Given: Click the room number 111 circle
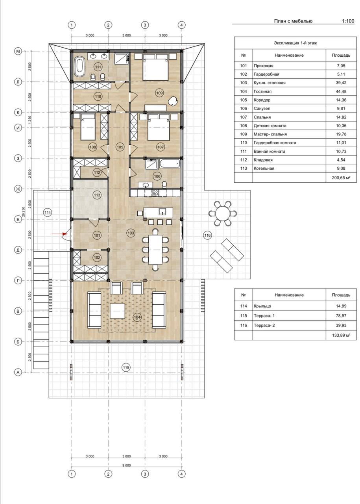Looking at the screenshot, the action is pos(98,67).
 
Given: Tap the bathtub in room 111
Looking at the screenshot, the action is pos(79,67).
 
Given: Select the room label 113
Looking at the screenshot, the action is pos(97,195).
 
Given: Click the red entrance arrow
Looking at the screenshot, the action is pos(59,234).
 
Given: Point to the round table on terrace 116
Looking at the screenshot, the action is pos(223,213).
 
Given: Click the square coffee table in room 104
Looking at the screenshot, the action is pos(117,311).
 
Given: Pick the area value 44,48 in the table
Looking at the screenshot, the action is pos(341,91).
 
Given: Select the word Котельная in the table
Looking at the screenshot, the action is pos(264,168).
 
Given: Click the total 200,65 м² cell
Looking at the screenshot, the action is pos(341,178).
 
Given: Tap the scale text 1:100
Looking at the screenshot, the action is pos(348,21).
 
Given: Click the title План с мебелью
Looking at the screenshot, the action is pos(293,21).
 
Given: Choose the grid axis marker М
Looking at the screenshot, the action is pos(18,52).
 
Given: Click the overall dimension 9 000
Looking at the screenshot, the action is pos(126,465).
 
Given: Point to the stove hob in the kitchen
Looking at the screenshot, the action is pos(155,193).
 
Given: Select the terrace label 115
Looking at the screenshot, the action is pos(126,367).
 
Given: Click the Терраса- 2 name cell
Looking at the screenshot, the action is pos(264,325).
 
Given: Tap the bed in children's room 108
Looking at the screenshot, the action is pos(88,127).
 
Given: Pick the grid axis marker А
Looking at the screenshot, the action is pos(18,372).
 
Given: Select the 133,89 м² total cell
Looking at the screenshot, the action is pos(341,335).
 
